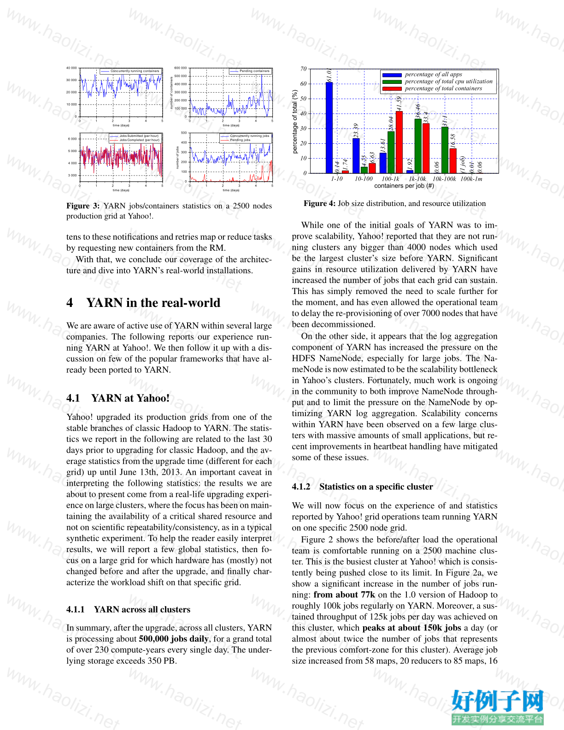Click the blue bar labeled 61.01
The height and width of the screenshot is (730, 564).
tap(329, 127)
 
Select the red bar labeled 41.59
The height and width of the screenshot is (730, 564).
tap(399, 142)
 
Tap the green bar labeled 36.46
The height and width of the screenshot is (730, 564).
tap(418, 146)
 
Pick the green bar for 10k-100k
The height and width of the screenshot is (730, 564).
tap(445, 150)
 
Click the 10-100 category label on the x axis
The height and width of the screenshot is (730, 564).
tap(364, 179)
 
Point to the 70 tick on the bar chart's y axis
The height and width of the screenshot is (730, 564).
tap(303, 69)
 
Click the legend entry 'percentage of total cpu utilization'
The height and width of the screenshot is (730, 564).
tap(448, 82)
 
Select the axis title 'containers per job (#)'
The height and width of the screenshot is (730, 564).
tap(404, 186)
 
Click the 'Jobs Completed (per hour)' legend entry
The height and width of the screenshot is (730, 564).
tap(139, 140)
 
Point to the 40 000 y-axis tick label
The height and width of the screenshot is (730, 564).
tap(71, 68)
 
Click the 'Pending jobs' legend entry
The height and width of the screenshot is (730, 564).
tap(240, 140)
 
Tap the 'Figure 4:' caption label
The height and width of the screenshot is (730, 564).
tap(319, 204)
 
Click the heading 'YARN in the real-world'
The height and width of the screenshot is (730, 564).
tap(153, 303)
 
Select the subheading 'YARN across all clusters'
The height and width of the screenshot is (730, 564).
tap(142, 609)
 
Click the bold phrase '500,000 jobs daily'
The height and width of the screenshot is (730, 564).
tap(174, 639)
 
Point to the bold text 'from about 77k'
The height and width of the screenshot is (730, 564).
tap(344, 595)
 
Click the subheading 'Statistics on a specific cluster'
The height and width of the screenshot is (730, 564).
tap(376, 487)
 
